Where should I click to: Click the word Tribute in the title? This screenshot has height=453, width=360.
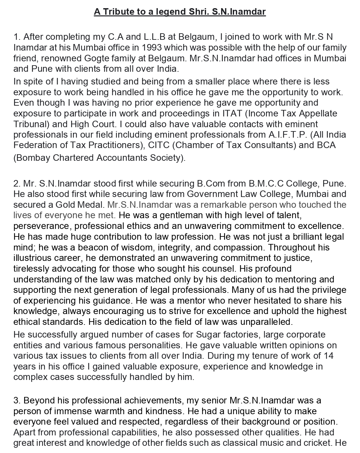coord(118,12)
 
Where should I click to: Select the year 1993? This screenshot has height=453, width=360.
coord(151,48)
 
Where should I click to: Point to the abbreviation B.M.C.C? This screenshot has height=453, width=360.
coord(265,183)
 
